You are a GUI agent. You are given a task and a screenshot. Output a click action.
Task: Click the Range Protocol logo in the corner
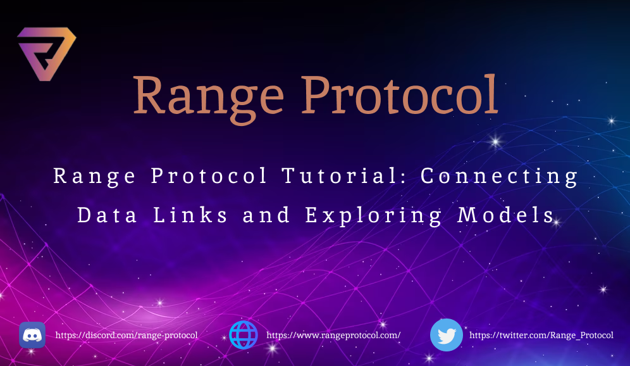[46, 54]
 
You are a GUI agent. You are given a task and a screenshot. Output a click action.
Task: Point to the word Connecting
[500, 176]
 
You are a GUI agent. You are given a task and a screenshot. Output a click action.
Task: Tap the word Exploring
[374, 215]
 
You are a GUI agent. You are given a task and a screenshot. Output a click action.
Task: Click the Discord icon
[32, 335]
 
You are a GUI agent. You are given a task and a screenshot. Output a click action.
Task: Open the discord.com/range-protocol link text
[127, 335]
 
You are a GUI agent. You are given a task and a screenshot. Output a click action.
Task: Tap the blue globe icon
[244, 335]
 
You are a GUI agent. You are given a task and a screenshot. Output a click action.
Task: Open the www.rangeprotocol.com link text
[333, 335]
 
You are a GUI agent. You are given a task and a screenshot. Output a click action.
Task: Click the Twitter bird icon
[447, 335]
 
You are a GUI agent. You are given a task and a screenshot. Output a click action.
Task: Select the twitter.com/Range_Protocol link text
[541, 335]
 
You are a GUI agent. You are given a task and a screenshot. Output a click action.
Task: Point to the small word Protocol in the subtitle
[209, 176]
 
